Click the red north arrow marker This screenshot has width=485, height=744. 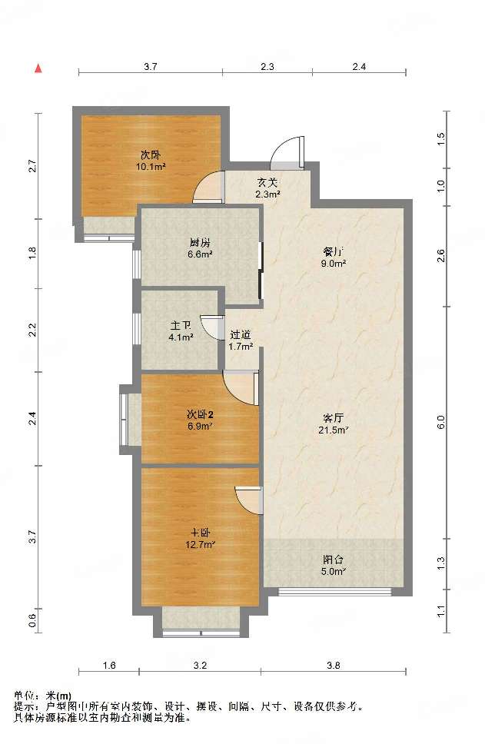(39, 69)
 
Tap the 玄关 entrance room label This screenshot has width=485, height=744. (267, 182)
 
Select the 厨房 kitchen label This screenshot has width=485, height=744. (200, 243)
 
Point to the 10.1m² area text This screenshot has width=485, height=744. (151, 167)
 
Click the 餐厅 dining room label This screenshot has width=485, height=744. (333, 251)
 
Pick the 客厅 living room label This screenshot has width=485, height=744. (333, 418)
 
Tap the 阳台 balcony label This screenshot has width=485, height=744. (333, 560)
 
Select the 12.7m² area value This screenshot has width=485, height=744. (201, 545)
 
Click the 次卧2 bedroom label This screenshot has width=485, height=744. (200, 414)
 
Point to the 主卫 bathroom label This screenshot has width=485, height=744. (181, 326)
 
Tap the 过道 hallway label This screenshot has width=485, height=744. (240, 335)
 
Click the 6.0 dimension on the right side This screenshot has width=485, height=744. (441, 422)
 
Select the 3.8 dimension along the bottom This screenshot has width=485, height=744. (334, 666)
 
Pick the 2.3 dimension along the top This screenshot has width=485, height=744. (267, 66)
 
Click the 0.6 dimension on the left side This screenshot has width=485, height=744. (32, 620)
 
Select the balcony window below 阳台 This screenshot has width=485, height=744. (334, 592)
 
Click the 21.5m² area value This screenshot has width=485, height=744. (333, 430)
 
